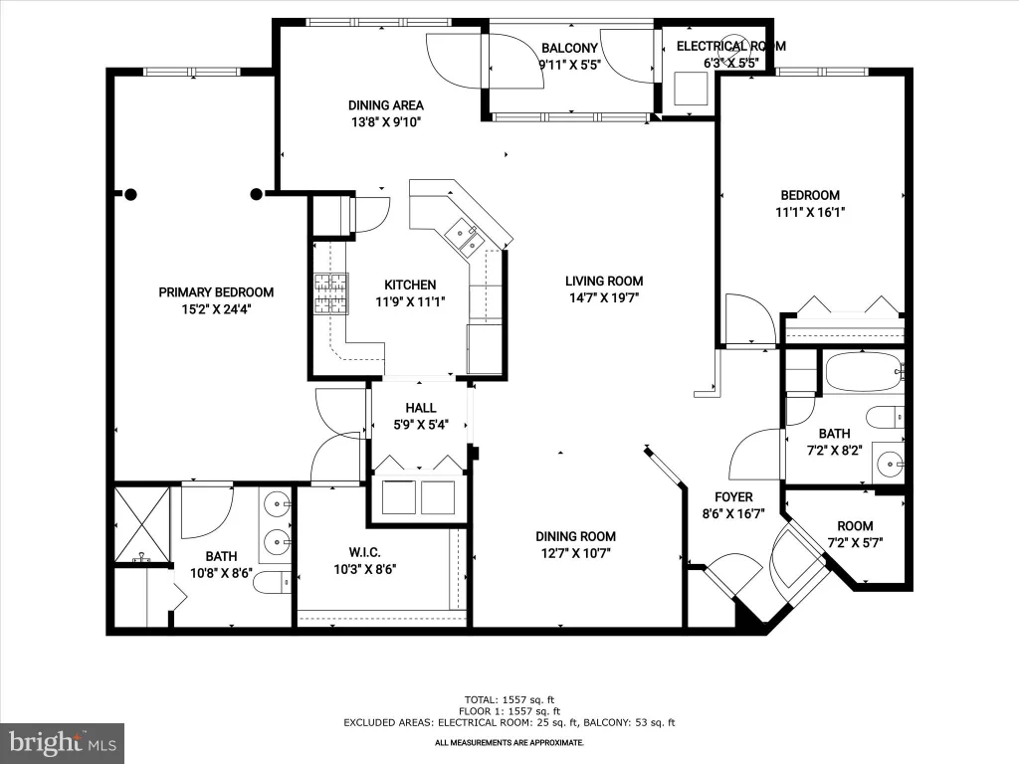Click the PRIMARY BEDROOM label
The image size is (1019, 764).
click(216, 292)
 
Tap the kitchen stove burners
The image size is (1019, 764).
click(331, 293)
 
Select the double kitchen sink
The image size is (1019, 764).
click(466, 237)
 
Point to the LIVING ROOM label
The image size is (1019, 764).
click(604, 282)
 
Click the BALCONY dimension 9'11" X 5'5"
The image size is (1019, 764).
click(569, 65)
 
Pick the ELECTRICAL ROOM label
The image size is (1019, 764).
click(731, 46)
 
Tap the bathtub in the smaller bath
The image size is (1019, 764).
click(864, 372)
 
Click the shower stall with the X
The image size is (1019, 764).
click(142, 525)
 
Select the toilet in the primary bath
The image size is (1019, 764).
click(272, 583)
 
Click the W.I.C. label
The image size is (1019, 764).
click(364, 553)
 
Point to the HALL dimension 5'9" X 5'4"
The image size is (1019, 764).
click(421, 425)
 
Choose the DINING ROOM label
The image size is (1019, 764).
click(575, 536)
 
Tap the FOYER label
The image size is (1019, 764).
click(733, 497)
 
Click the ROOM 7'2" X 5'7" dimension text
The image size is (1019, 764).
click(855, 543)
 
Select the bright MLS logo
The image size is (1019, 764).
click(63, 743)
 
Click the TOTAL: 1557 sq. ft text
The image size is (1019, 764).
click(509, 699)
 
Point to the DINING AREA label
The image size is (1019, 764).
click(385, 105)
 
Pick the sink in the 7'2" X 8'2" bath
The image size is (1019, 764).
click(888, 463)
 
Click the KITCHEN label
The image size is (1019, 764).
click(410, 285)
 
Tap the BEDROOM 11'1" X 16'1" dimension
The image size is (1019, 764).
click(810, 212)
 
